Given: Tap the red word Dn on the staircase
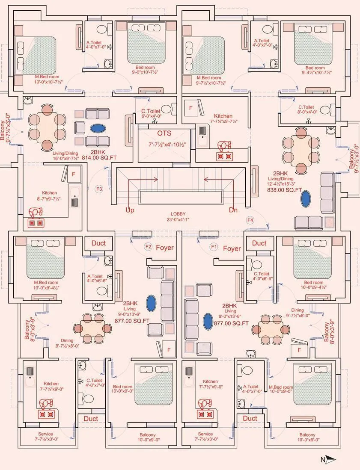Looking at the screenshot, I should tap(233, 210).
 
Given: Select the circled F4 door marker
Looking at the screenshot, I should tap(250, 220).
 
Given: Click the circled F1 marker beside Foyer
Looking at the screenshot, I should tap(214, 247).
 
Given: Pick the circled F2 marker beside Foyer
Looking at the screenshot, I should tap(149, 247).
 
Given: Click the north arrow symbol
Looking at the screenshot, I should tap(328, 460).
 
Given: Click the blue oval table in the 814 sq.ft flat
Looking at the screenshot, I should tap(98, 128).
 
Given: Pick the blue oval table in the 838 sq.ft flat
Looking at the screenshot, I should tap(306, 199).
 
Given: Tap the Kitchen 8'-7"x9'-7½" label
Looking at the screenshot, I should tap(50, 196).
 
